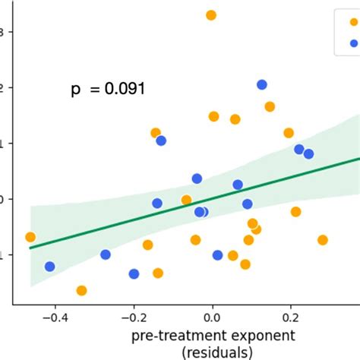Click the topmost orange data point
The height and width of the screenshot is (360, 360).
(211, 15)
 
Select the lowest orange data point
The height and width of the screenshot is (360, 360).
(81, 290)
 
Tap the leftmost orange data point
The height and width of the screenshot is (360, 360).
(30, 237)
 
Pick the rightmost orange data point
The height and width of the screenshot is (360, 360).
(323, 240)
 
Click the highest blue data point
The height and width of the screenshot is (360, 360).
(262, 85)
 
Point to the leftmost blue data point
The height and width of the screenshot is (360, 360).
(50, 267)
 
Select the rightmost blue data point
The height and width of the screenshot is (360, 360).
(308, 154)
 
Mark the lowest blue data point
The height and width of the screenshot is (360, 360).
(134, 274)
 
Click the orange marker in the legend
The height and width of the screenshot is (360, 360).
(343, 22)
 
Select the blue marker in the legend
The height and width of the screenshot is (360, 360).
(343, 43)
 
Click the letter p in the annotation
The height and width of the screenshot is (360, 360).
(75, 91)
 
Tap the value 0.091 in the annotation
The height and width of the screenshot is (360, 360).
(124, 90)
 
